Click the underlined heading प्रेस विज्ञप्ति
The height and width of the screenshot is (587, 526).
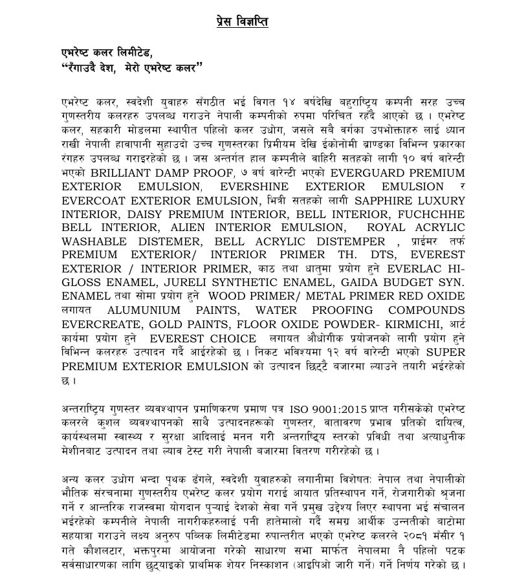pos(242,23)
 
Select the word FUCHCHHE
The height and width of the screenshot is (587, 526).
pos(432,214)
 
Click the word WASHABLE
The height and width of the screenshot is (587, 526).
pos(94,241)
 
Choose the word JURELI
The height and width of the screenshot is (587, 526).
pos(175,282)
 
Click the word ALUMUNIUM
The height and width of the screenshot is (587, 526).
pos(149,310)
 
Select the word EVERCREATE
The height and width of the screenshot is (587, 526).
pos(101,324)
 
